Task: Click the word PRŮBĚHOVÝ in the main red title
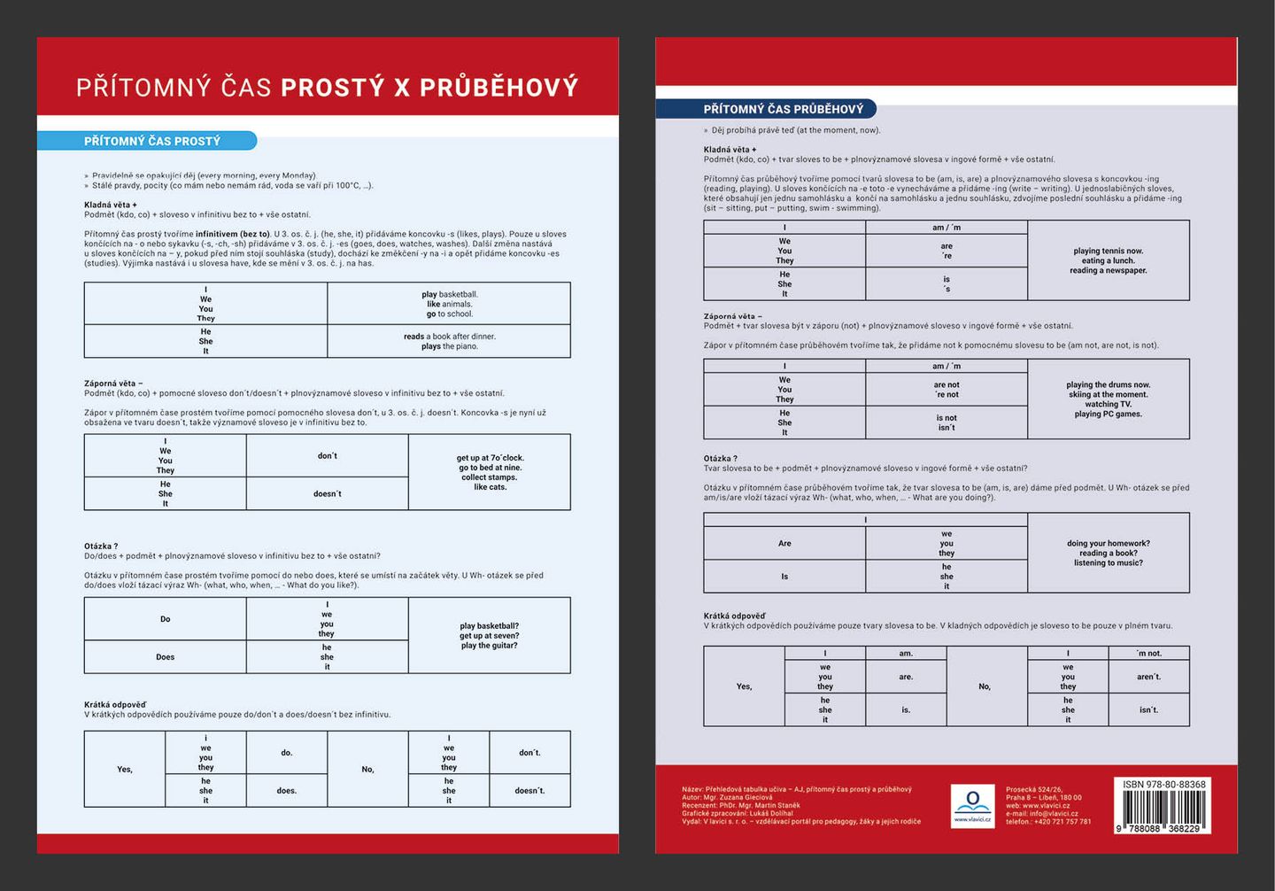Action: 498,87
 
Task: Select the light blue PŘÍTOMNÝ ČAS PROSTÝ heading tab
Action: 152,141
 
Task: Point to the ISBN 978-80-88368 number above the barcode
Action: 1163,785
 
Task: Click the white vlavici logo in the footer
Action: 972,805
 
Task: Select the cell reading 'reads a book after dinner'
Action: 449,341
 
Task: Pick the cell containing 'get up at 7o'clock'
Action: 490,472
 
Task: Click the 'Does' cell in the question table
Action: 166,657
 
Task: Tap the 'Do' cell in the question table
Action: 166,619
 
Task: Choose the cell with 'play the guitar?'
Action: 490,636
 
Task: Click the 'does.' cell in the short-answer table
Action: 287,790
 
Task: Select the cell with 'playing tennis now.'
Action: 1108,260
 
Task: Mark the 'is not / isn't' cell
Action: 947,422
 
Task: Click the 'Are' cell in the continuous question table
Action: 784,544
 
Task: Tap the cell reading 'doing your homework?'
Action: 1108,553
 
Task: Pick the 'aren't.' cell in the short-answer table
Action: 1148,677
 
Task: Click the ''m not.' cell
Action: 1148,654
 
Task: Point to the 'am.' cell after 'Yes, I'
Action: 906,654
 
